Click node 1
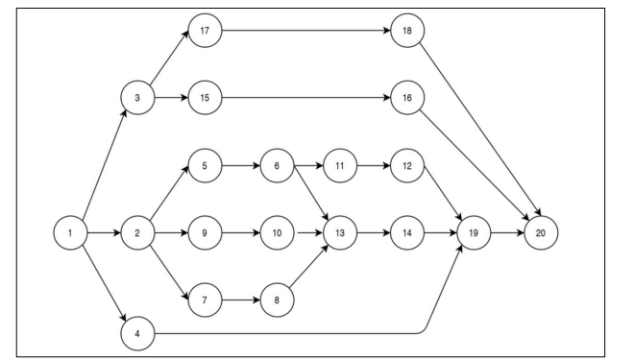click(70, 232)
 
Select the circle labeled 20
click(541, 232)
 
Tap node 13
click(340, 232)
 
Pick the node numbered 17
click(205, 31)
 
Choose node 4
click(137, 334)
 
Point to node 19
click(474, 232)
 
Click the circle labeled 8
click(277, 300)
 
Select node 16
click(407, 98)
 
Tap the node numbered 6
click(277, 166)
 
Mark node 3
click(137, 98)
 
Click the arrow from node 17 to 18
click(306, 31)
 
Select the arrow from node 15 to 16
click(306, 98)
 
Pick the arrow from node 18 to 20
click(480, 130)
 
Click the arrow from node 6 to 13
click(311, 193)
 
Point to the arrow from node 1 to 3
click(105, 165)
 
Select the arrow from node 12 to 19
click(443, 194)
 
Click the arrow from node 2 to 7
click(169, 274)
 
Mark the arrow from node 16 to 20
click(475, 165)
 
